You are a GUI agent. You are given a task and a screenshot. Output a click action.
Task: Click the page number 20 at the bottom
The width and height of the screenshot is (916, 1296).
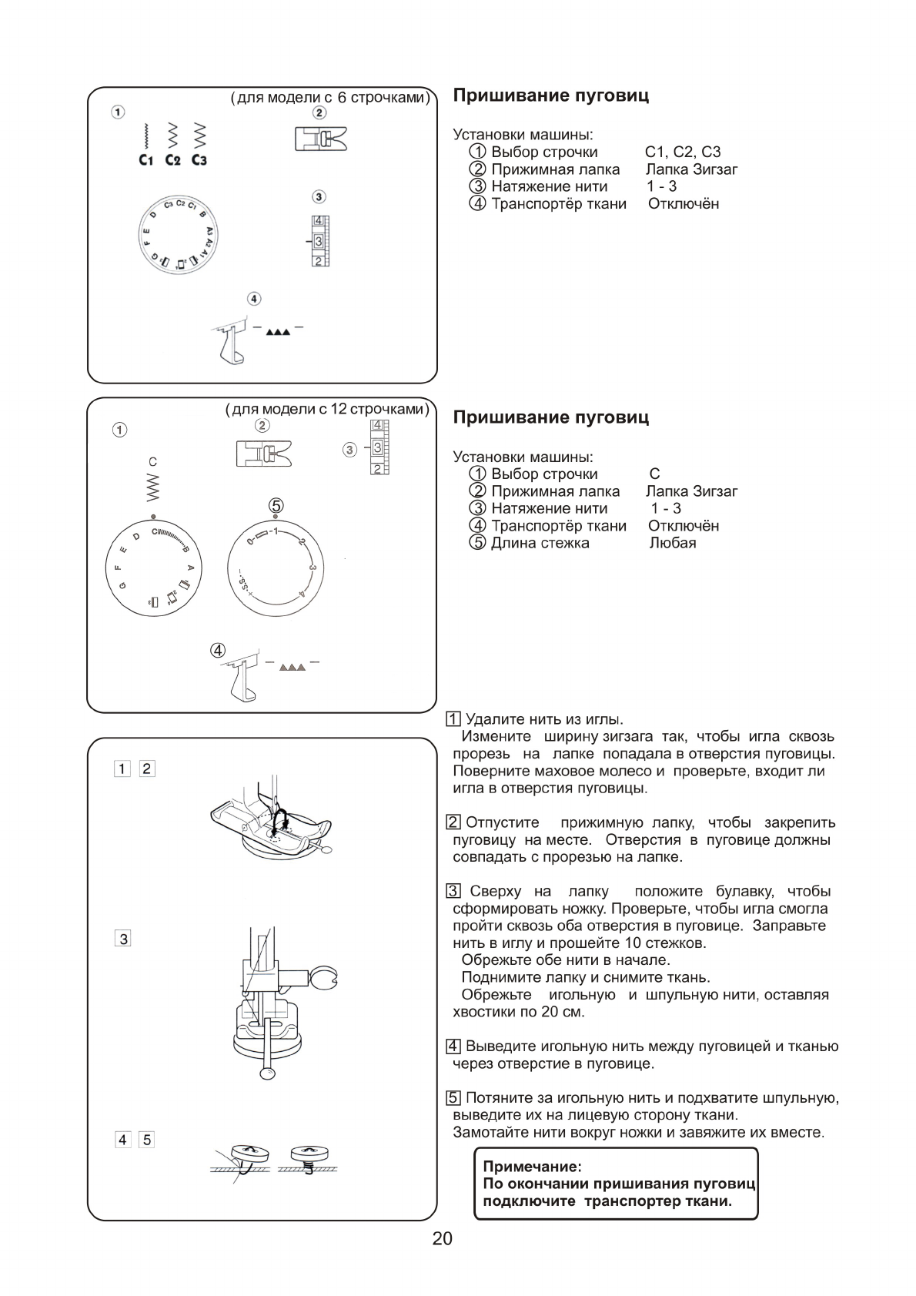pos(442,1238)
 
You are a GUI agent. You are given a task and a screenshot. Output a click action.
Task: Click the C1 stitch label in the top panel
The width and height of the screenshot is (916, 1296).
pos(146,160)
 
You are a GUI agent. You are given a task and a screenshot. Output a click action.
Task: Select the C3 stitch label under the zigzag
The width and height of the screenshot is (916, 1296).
pos(199,160)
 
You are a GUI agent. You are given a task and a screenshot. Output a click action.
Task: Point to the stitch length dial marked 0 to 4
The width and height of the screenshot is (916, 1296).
pos(276,567)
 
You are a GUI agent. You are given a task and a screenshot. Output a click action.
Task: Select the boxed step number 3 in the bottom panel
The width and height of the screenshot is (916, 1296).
pos(123,939)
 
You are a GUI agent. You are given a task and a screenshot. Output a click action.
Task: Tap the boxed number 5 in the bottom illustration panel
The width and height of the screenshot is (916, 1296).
pos(147,1140)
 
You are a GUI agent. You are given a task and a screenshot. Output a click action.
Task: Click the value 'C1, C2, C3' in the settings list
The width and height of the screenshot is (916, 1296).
pos(683,152)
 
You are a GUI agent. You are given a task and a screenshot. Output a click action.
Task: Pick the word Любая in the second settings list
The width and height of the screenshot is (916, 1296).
pos(673,543)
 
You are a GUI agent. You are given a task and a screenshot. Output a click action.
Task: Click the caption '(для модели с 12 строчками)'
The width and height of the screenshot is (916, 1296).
pos(327,409)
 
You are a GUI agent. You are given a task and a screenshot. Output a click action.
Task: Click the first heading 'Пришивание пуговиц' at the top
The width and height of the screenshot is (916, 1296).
pos(550,95)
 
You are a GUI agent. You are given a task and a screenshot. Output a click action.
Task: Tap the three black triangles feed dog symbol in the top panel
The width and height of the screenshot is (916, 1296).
pos(278,333)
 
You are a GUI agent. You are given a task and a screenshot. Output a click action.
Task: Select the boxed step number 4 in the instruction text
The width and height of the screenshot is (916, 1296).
pos(454,1047)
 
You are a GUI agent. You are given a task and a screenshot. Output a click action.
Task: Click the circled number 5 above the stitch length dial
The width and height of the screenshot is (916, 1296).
pos(276,505)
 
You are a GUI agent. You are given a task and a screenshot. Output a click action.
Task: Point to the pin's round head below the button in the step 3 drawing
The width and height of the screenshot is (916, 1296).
pos(267,1073)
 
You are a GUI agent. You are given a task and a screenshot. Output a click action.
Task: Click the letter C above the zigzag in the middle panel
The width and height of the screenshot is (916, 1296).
pos(152,462)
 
